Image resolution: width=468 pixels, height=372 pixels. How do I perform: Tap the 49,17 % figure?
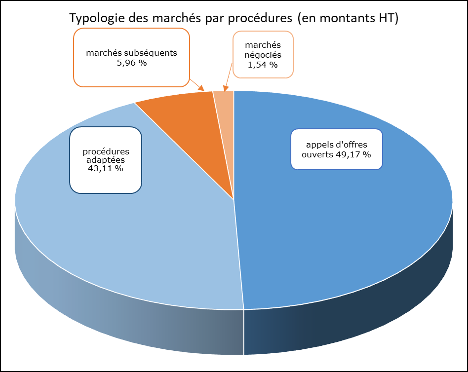(x=353, y=154)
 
